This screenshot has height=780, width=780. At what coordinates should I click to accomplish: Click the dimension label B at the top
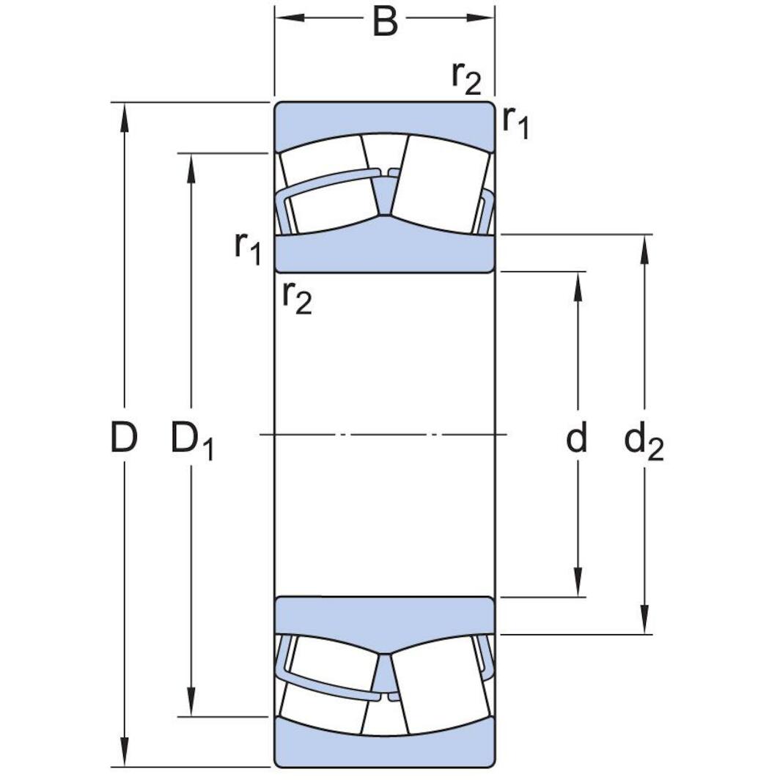[x=385, y=22]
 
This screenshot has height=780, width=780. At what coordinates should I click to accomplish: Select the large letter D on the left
[x=124, y=438]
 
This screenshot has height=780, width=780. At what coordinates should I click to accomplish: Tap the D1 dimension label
[x=192, y=441]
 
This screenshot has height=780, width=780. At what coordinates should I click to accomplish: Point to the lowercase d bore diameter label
[x=578, y=438]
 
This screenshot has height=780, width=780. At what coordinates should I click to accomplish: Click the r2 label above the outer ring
[x=466, y=77]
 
